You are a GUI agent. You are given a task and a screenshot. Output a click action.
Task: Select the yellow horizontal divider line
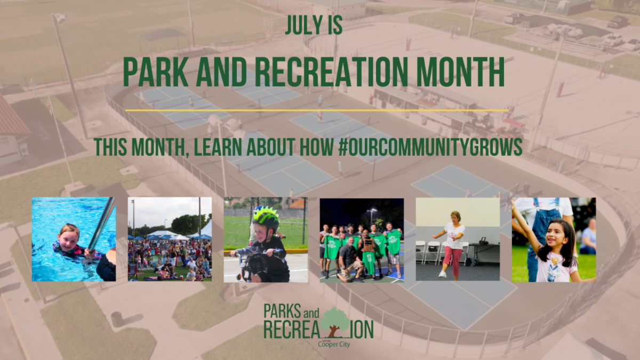316,110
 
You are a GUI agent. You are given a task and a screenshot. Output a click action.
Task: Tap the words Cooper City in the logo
334,344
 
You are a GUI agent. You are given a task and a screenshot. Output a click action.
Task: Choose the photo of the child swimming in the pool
74,239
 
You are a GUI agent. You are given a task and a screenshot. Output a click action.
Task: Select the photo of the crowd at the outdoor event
170,239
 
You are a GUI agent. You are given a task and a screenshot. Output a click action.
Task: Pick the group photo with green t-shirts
362,239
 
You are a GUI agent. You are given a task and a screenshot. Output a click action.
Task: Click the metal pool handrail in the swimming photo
101,224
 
